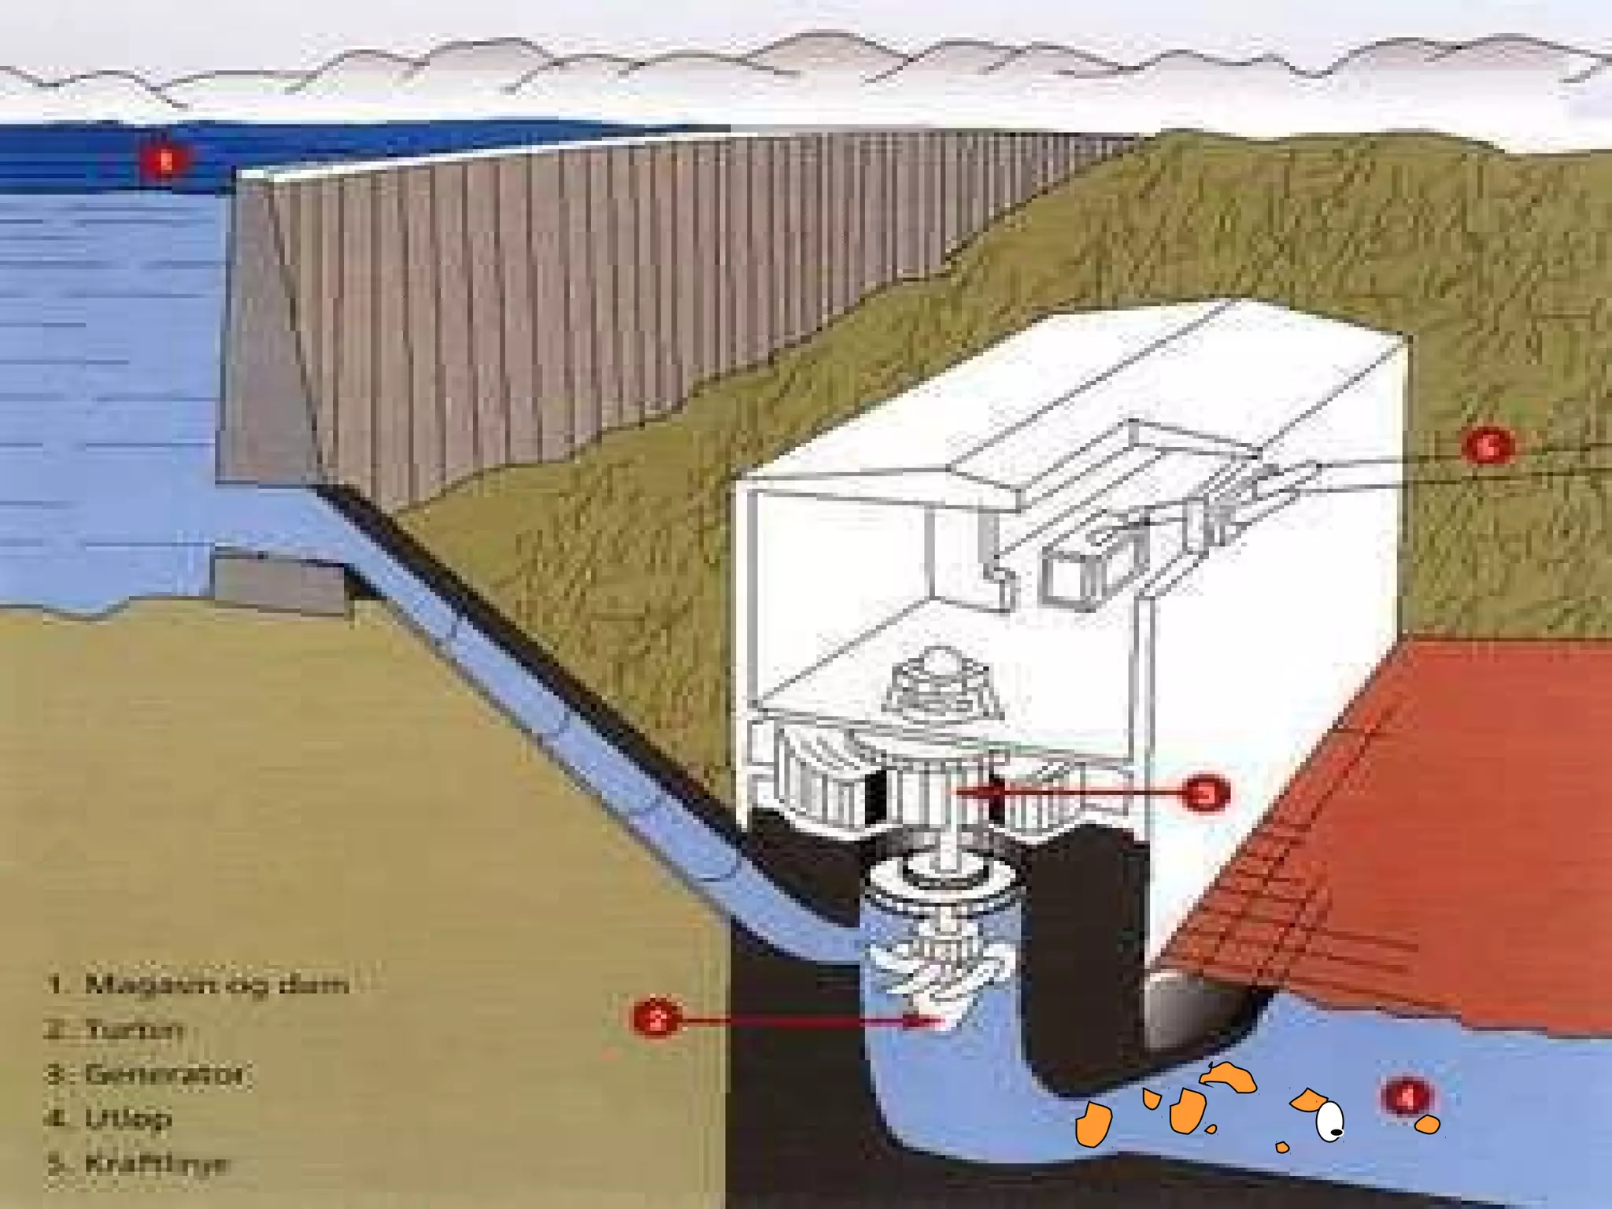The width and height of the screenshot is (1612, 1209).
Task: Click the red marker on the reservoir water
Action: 165,162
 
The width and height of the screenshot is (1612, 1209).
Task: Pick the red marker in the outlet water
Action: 1407,1096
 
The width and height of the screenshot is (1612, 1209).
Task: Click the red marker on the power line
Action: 1487,446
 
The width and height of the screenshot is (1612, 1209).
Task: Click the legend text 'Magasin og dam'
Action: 216,985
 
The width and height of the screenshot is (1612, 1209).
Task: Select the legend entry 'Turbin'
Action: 134,1030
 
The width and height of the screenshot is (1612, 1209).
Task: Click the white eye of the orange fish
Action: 1329,1118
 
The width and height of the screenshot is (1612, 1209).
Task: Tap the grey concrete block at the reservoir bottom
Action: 279,583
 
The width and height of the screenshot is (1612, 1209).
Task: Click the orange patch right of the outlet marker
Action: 1428,1124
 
